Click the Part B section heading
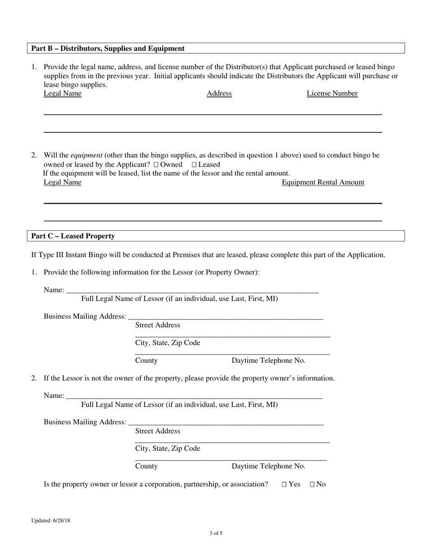(108, 48)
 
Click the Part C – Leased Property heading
(73, 236)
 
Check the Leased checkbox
(194, 165)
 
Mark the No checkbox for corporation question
(313, 485)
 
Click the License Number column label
(332, 93)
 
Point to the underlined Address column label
(219, 93)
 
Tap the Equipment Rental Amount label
(323, 182)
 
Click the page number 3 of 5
(216, 534)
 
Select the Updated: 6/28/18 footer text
(51, 521)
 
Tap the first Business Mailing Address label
(85, 316)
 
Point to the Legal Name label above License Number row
(62, 93)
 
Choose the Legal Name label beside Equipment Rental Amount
(62, 182)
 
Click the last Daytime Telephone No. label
(268, 466)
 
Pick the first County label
(146, 360)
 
